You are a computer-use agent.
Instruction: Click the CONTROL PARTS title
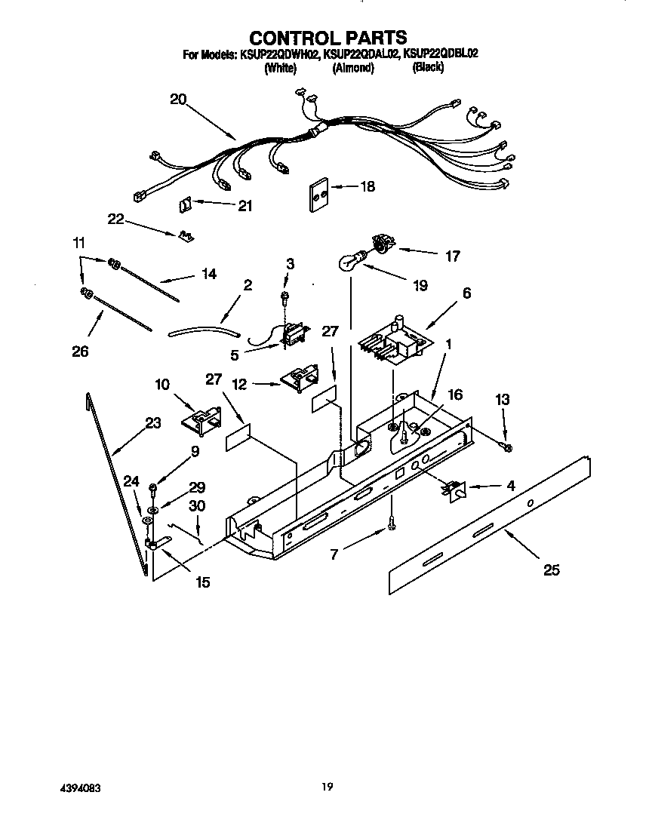(x=328, y=37)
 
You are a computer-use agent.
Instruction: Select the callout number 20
(x=177, y=99)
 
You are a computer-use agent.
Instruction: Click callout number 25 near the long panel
(x=552, y=570)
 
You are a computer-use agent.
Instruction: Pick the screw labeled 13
(x=506, y=448)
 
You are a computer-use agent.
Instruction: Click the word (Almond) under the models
(x=352, y=67)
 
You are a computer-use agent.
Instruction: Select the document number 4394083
(x=80, y=787)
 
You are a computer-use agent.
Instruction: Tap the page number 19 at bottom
(x=326, y=787)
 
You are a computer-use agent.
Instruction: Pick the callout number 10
(x=162, y=384)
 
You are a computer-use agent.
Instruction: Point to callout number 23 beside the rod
(x=153, y=423)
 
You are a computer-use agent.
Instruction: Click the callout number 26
(x=80, y=351)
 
